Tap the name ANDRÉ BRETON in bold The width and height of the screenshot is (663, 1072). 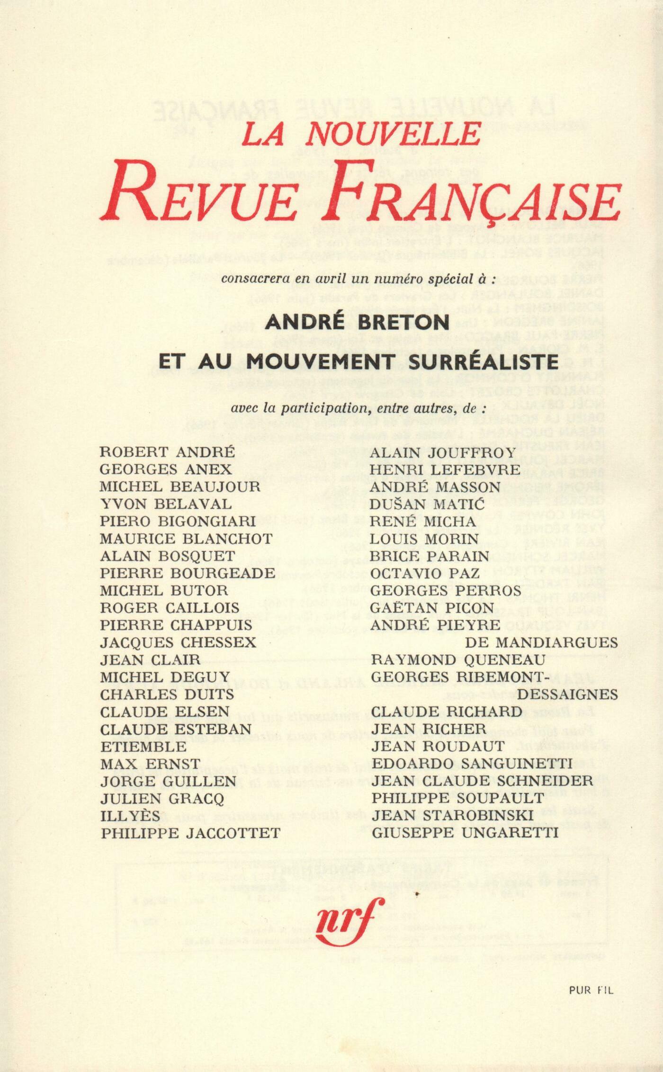pos(358,323)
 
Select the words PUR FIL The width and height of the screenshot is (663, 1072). pos(591,990)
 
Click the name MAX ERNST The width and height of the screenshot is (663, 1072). pos(150,764)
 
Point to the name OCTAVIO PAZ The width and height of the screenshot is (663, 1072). pos(425,573)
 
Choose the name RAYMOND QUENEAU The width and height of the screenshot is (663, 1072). pos(458,660)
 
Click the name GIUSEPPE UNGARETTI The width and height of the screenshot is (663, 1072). pos(465,833)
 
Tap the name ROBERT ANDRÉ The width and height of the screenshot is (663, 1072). pos(167,452)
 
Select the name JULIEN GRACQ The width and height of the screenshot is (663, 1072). pos(162,799)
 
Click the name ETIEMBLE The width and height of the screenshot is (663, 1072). pos(143,747)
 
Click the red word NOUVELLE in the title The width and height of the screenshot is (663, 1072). pos(393,134)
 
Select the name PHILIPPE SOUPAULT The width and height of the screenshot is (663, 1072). pos(457,799)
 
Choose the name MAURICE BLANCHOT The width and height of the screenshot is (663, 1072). pos(186,539)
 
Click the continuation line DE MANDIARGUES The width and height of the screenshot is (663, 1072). pos(541,643)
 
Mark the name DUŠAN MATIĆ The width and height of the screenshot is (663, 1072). pos(427,504)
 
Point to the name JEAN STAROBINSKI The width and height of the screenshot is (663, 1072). pos(452,816)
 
